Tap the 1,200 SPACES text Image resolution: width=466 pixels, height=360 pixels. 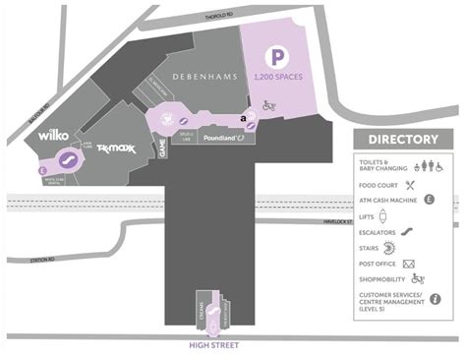coord(277,79)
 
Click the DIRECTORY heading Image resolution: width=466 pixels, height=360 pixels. coord(402,140)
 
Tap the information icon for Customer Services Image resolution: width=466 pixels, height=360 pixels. coord(434,299)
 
